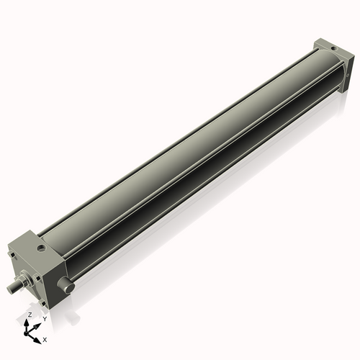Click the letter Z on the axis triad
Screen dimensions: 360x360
pos(30,315)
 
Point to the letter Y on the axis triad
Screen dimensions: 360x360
pos(44,318)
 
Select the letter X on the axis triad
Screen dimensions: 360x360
pos(45,338)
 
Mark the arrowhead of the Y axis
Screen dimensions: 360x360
pos(39,323)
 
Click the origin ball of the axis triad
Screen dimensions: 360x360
pos(30,332)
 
